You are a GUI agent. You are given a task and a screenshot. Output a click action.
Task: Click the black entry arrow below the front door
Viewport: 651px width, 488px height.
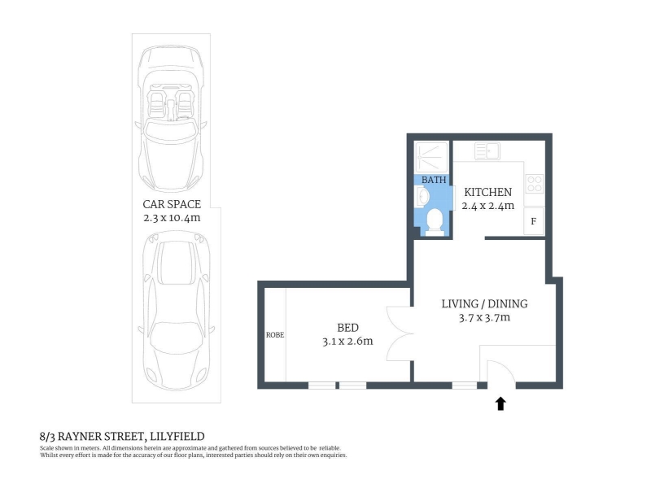(500, 403)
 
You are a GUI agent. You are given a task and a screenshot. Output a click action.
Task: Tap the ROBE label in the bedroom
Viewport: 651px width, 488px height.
(275, 335)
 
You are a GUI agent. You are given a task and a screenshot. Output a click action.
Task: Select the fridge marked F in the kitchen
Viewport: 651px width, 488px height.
(534, 221)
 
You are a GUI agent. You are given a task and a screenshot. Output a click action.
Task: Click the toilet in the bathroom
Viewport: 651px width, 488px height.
(435, 222)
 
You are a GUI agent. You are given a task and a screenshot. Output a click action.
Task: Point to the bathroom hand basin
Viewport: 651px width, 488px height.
(422, 196)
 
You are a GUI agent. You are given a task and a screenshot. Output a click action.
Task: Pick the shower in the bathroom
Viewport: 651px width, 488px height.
(431, 157)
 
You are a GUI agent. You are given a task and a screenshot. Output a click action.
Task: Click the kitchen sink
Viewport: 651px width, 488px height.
(487, 151)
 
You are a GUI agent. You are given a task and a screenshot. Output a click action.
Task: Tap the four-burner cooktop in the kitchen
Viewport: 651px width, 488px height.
(535, 184)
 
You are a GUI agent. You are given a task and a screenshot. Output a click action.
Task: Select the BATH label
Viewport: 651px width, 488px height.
(434, 180)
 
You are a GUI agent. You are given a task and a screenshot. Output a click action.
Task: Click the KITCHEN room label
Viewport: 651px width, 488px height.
(487, 192)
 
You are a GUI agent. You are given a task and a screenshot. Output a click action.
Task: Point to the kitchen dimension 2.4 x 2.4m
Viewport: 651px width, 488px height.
(487, 206)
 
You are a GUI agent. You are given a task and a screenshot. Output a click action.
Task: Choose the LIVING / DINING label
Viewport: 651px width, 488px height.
(484, 303)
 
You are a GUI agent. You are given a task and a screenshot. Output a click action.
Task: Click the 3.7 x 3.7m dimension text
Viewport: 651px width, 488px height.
(484, 318)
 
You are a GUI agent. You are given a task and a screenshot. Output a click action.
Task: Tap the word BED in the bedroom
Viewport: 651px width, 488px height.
(348, 328)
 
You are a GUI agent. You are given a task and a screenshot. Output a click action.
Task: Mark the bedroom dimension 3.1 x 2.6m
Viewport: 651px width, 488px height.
(348, 342)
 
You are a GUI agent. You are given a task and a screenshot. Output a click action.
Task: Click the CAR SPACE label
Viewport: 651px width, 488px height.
(172, 204)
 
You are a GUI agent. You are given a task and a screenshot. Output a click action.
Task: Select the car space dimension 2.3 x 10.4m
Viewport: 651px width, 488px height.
(172, 218)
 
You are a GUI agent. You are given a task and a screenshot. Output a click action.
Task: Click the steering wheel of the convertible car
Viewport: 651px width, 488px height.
(182, 118)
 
